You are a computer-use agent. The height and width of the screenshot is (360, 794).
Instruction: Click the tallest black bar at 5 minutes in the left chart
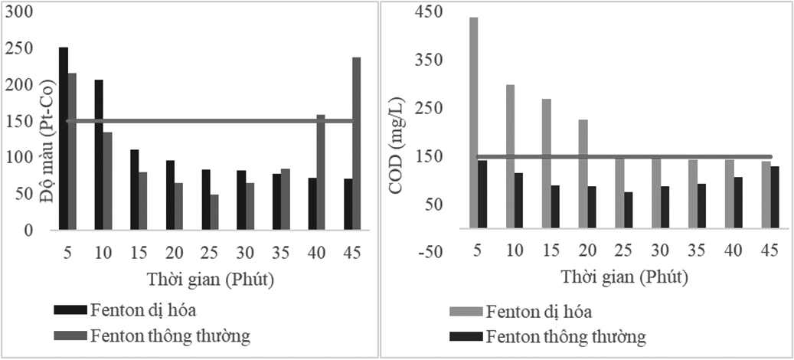pos(64,138)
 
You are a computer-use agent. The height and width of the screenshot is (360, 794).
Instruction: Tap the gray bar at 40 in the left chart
pos(321,172)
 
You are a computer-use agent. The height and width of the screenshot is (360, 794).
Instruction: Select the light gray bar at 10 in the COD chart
pos(510,156)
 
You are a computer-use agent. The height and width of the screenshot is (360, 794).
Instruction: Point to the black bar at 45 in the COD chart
pos(775,197)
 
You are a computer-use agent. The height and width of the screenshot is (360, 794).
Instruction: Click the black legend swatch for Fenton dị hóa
pos(70,311)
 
